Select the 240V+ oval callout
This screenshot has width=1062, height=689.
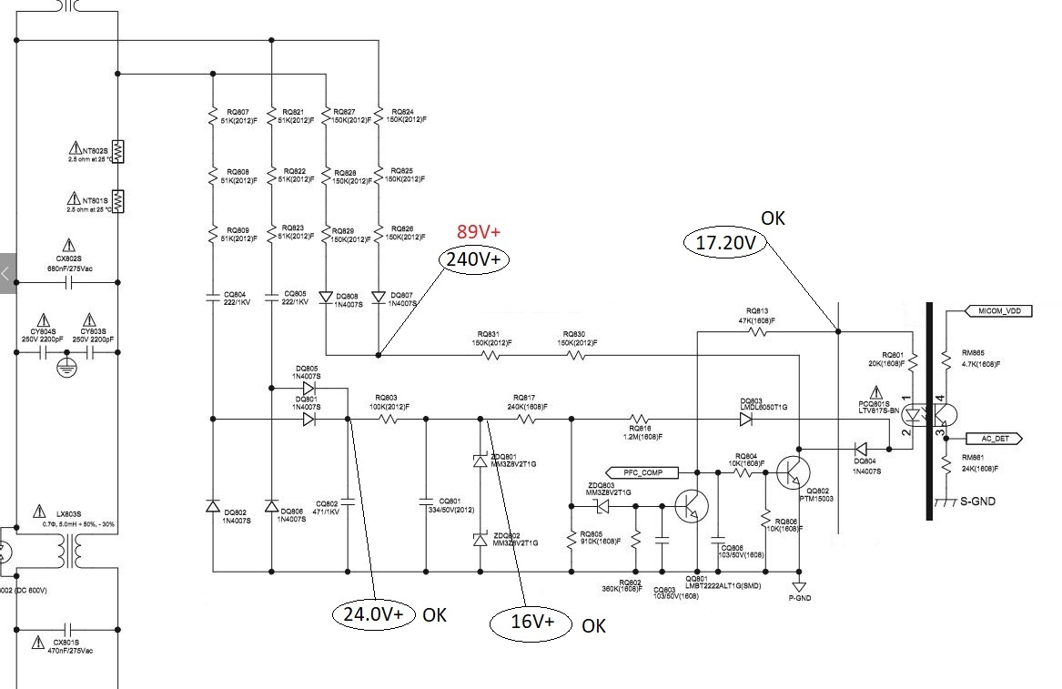(476, 259)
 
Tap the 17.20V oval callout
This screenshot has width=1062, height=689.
(725, 243)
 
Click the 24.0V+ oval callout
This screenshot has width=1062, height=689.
(373, 613)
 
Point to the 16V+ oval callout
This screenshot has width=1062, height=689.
(532, 623)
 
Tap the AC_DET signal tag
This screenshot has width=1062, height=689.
(1000, 439)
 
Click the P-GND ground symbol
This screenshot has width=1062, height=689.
(799, 587)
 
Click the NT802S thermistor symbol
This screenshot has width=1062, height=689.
(118, 152)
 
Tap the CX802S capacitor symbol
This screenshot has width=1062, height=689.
(69, 282)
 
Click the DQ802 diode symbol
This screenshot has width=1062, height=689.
(212, 506)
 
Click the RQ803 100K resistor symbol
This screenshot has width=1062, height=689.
(389, 420)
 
